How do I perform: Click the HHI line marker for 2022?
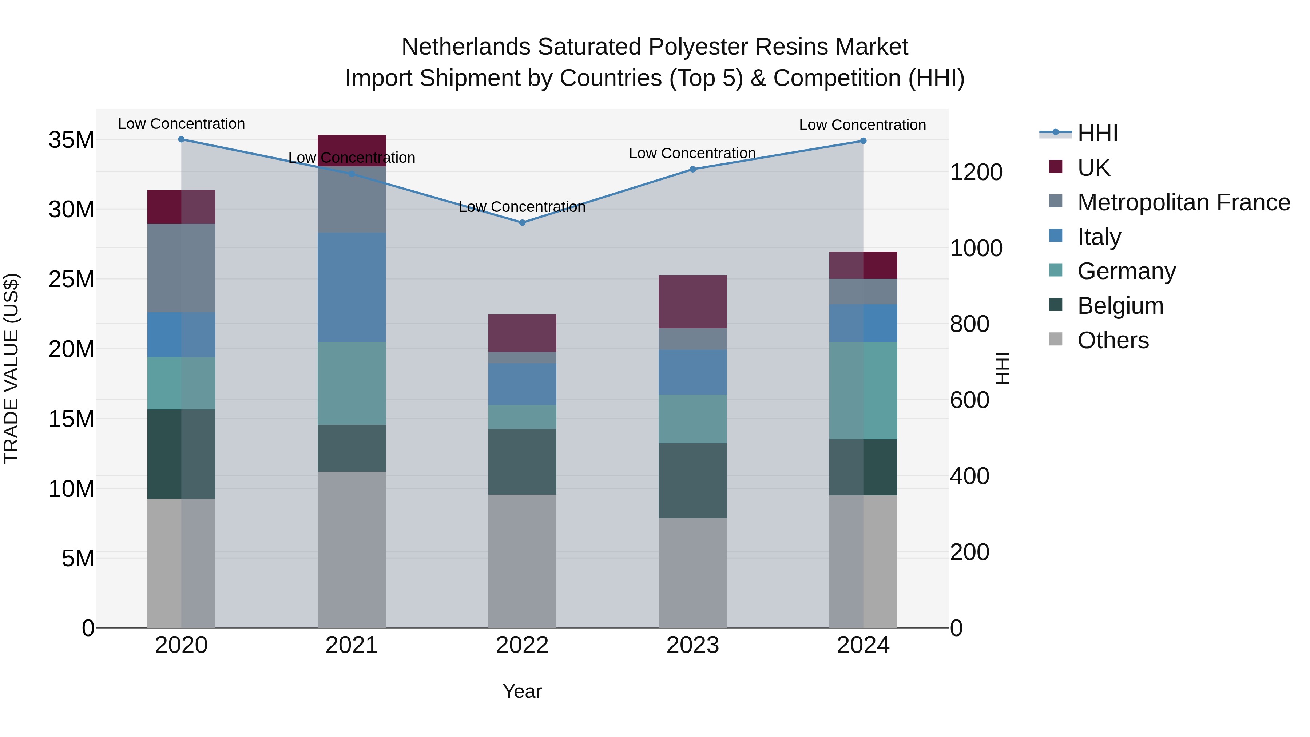[x=522, y=222]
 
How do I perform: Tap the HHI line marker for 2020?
[x=181, y=139]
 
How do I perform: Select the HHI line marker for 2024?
[x=863, y=141]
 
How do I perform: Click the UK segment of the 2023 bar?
[x=692, y=302]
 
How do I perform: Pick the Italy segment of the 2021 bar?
[x=352, y=288]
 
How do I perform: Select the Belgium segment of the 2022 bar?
[x=522, y=461]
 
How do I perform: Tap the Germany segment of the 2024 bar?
[x=863, y=390]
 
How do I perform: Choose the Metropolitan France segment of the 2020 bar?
[x=181, y=268]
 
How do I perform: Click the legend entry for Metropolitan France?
[x=1183, y=202]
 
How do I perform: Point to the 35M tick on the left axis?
[x=71, y=140]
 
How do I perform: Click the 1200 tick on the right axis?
[x=975, y=173]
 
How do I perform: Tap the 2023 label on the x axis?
[x=692, y=645]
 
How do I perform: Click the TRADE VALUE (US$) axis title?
[x=11, y=368]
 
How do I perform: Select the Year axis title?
[x=522, y=691]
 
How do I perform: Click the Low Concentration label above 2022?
[x=522, y=207]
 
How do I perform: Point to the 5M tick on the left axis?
[x=78, y=558]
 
